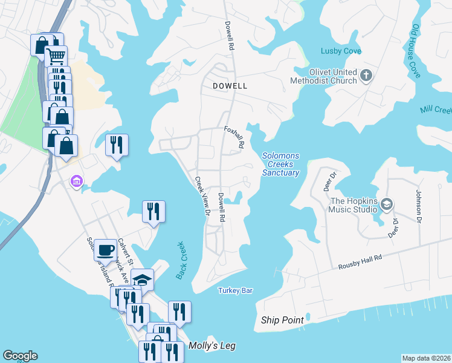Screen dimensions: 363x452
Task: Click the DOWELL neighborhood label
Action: click(230, 86)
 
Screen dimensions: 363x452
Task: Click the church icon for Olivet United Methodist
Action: click(365, 76)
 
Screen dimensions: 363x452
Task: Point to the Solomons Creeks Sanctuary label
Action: click(280, 164)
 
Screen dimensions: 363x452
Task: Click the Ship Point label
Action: click(282, 320)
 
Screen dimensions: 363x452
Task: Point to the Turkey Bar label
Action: click(235, 291)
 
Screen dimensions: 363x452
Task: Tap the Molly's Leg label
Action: click(211, 346)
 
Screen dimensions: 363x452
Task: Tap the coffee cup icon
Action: click(106, 249)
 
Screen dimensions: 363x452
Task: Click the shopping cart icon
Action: click(55, 57)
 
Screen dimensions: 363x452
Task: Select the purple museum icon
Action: click(76, 181)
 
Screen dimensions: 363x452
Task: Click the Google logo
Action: click(20, 356)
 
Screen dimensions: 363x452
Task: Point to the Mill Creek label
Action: click(436, 111)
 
